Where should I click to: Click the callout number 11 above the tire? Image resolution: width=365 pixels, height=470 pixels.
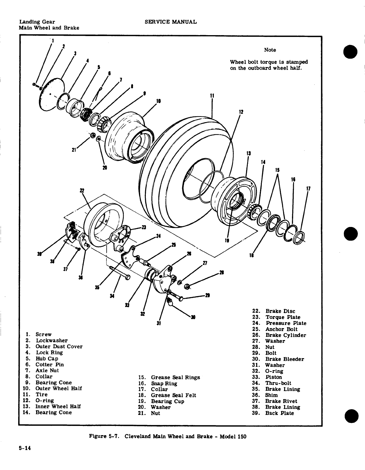[x=212, y=96]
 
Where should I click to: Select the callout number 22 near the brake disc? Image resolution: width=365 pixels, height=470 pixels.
[x=82, y=191]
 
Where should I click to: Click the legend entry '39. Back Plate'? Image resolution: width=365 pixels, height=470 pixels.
[x=273, y=413]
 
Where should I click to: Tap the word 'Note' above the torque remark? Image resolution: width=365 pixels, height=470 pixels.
[x=270, y=50]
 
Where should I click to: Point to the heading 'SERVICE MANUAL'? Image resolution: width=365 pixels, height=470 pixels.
[x=170, y=22]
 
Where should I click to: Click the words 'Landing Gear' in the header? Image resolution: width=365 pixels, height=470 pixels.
[x=37, y=22]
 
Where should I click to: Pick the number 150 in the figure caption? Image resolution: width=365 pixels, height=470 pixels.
[x=242, y=437]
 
